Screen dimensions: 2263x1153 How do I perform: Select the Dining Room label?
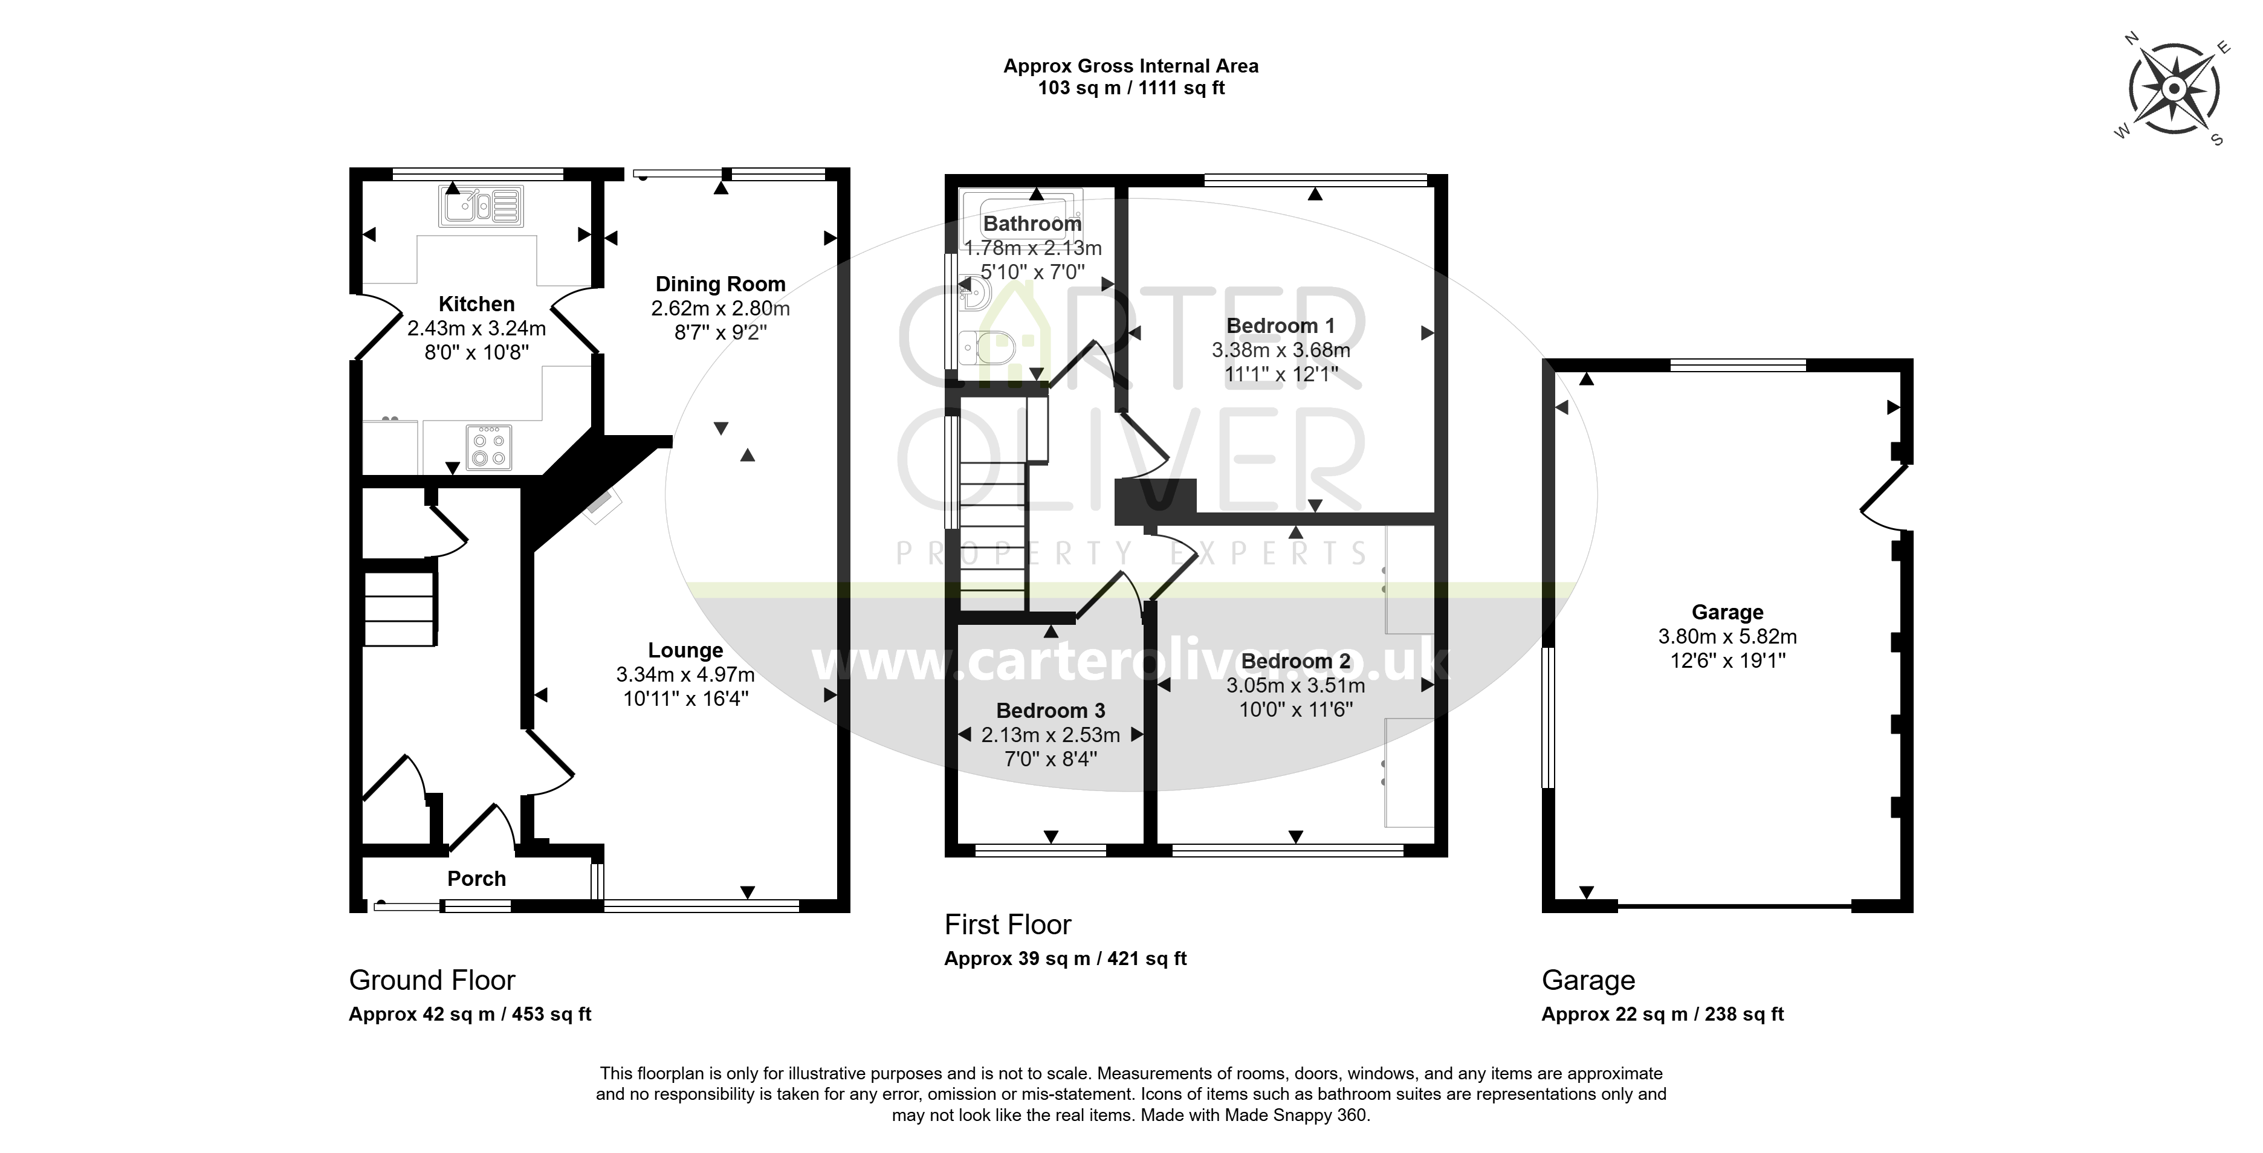click(720, 285)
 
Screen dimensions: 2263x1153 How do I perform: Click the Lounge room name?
click(685, 651)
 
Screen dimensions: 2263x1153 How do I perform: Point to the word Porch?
click(476, 879)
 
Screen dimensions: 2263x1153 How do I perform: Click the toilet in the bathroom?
click(988, 347)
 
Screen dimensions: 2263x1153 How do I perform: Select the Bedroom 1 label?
click(1280, 326)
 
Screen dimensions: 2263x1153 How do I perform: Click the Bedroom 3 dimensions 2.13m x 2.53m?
click(1051, 735)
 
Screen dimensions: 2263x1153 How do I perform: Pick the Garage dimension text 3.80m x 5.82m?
click(1727, 637)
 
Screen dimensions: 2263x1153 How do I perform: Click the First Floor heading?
click(1008, 925)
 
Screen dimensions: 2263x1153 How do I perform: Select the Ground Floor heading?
click(432, 980)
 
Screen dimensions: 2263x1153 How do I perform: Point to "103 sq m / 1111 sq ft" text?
click(1131, 88)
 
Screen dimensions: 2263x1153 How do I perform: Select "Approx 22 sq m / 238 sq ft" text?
click(1663, 1014)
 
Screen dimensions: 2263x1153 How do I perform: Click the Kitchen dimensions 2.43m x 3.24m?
click(476, 328)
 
